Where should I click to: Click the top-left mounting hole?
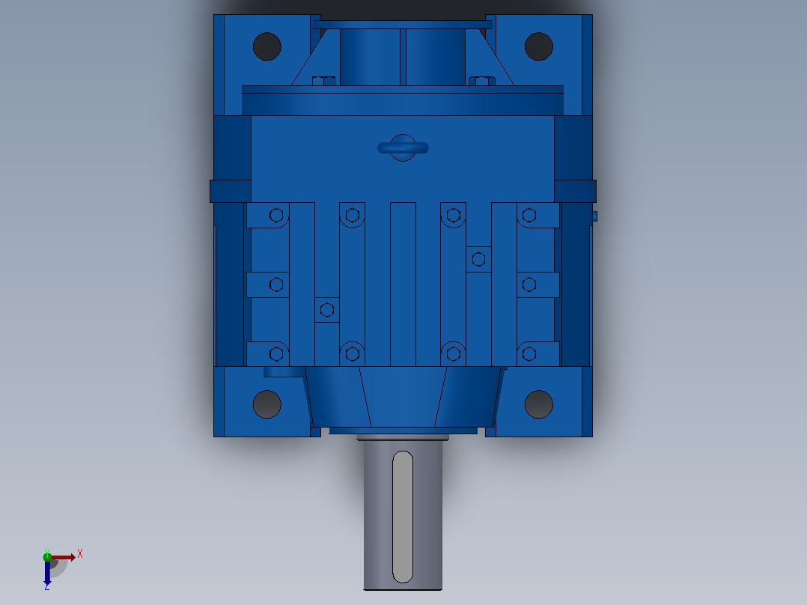(x=267, y=46)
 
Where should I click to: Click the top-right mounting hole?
(x=539, y=46)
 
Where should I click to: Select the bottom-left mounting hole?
(x=267, y=404)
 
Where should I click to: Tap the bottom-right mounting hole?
(x=539, y=404)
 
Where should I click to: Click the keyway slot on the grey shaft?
(x=403, y=517)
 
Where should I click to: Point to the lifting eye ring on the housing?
(x=403, y=148)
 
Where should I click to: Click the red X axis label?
(x=80, y=554)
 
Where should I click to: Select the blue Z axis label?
(x=47, y=586)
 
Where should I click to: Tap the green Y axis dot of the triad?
(x=47, y=557)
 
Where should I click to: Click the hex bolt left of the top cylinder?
(x=323, y=81)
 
